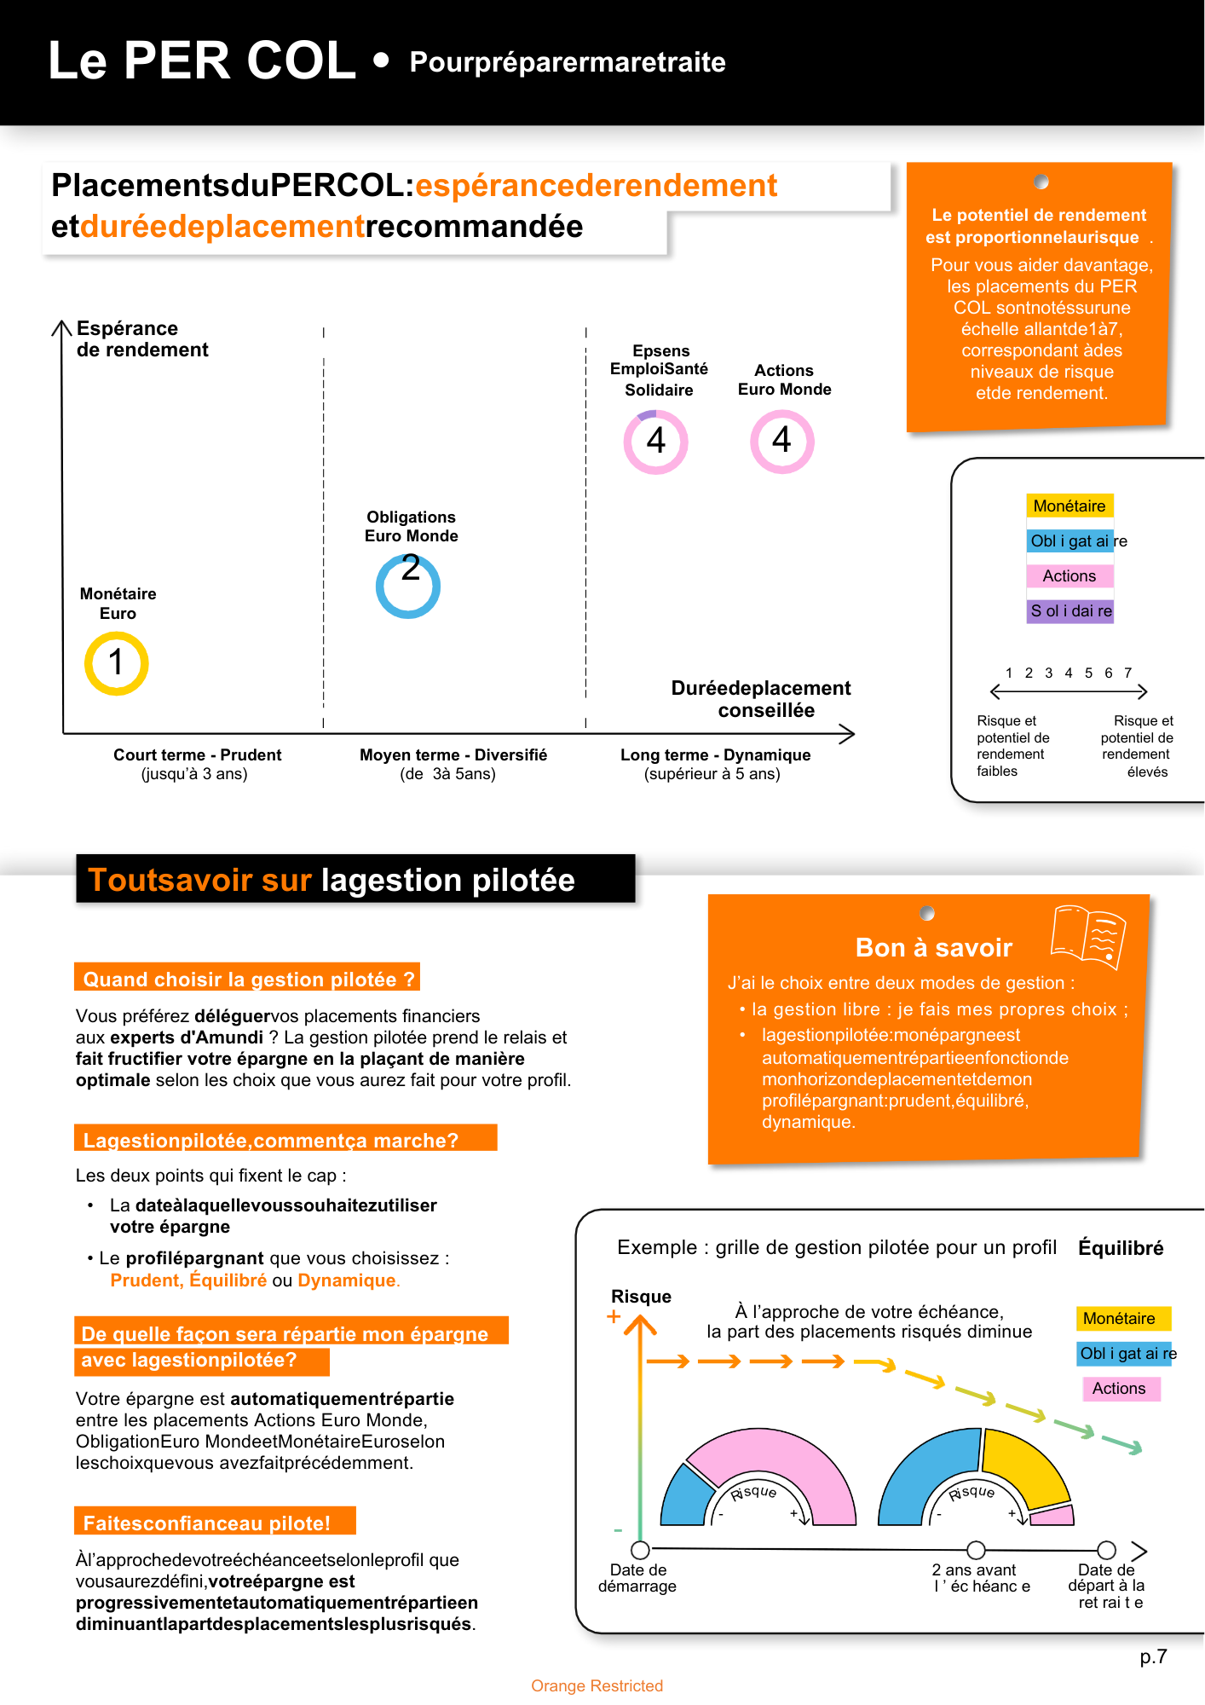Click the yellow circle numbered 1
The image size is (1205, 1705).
point(117,663)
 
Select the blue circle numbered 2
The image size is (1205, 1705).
point(408,586)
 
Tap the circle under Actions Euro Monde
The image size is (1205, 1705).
point(782,442)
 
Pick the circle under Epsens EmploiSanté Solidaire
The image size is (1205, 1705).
point(655,442)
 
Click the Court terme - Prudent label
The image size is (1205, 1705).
point(197,755)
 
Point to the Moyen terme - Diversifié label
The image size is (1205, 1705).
point(453,755)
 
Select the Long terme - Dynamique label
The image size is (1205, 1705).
point(715,755)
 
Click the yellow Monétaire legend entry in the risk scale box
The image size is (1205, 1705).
point(1070,506)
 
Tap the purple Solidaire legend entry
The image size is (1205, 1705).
point(1070,611)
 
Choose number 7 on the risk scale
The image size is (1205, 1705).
point(1128,673)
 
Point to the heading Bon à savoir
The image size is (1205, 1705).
point(933,948)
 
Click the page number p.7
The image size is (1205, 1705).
point(1153,1656)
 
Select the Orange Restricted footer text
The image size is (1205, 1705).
point(597,1685)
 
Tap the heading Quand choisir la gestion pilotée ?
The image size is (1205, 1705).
point(248,980)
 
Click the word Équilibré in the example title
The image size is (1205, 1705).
point(1121,1248)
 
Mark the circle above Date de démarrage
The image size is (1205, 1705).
point(640,1549)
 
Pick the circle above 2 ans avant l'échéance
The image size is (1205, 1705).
point(977,1549)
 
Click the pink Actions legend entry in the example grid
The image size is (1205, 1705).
point(1119,1389)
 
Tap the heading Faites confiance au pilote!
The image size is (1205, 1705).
point(206,1523)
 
